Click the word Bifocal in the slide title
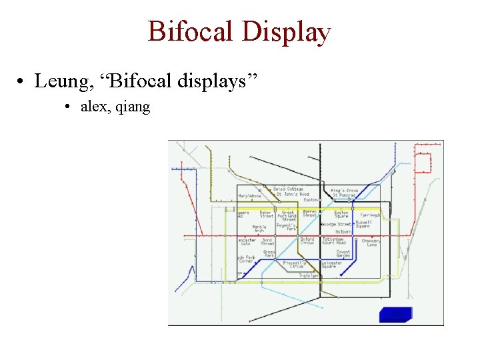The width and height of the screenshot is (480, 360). coord(190,32)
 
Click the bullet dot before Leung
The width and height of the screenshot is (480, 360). coord(23,82)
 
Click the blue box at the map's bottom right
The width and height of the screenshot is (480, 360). coord(395,315)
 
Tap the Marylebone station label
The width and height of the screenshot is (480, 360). coord(250,196)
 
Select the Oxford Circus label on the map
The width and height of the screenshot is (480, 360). coord(307,241)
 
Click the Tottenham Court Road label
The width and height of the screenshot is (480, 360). coord(334,241)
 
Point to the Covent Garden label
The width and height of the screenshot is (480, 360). coord(343,253)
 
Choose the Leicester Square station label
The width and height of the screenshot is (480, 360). coord(332,264)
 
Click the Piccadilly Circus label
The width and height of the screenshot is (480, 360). coord(295,264)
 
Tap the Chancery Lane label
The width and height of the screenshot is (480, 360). coord(371,243)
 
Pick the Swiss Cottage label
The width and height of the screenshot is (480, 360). coord(288,189)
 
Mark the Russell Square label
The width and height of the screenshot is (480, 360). coord(363,224)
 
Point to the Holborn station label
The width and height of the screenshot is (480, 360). coord(343,231)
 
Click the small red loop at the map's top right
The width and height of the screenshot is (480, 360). coord(424,163)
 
